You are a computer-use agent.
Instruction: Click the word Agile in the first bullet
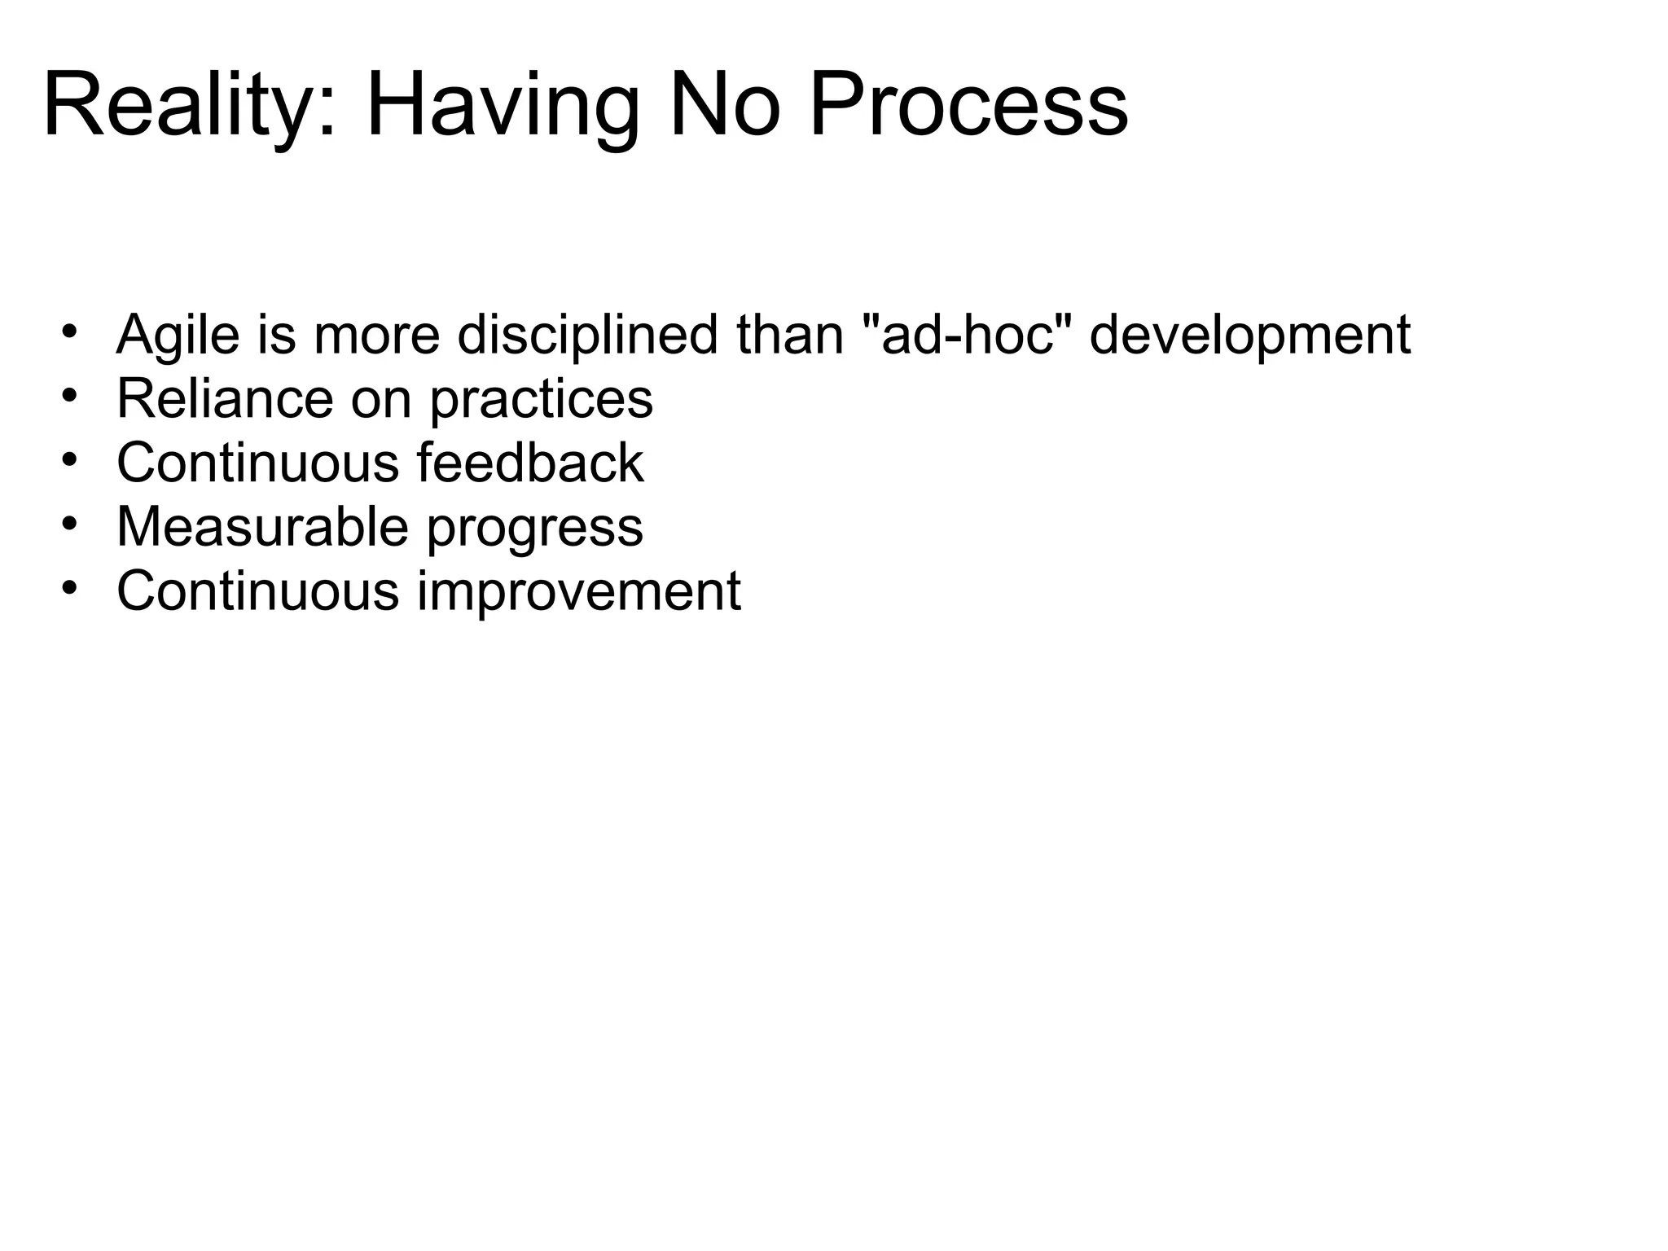(178, 335)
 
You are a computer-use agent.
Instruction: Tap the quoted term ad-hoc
(967, 335)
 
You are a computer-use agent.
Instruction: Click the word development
(1249, 335)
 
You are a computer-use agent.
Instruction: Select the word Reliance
(225, 399)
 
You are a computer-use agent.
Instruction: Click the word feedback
(530, 463)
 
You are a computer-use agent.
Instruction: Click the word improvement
(579, 592)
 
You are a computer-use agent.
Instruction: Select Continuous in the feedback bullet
(257, 463)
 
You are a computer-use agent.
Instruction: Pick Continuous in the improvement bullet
(257, 590)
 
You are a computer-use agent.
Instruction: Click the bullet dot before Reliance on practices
(70, 396)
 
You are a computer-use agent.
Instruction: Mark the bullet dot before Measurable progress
(70, 524)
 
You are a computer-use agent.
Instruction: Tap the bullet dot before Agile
(70, 331)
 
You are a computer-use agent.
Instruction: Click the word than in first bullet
(790, 335)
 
